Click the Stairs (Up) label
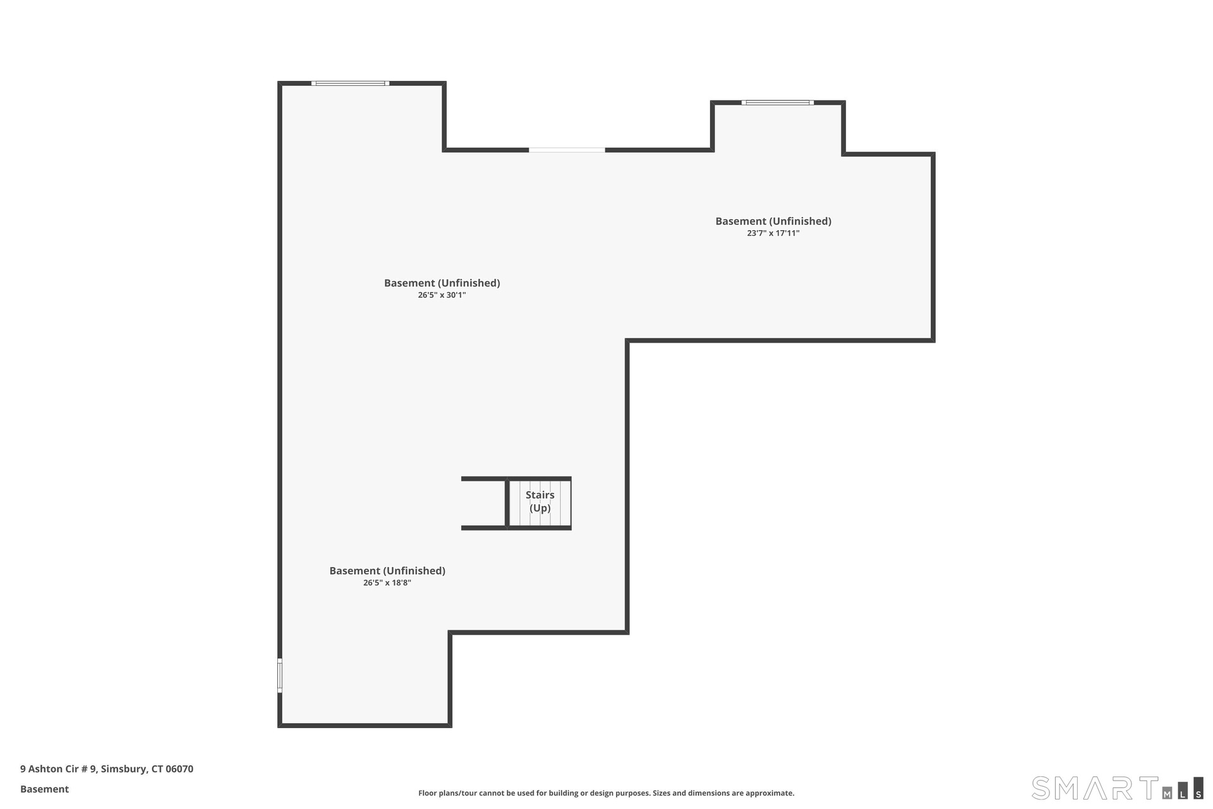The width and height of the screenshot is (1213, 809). tap(540, 502)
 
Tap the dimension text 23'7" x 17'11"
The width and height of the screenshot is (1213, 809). tap(773, 233)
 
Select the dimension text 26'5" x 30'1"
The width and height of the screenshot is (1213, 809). tap(442, 295)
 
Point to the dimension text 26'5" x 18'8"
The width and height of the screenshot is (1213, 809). tap(387, 583)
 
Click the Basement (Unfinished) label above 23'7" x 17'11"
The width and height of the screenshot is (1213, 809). tap(773, 221)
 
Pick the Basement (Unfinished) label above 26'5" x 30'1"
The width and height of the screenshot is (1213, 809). tap(442, 283)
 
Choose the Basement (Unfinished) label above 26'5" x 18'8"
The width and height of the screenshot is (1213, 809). tap(387, 571)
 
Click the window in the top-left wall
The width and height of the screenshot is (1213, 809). tap(350, 83)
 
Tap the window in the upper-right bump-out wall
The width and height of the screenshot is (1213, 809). tap(778, 102)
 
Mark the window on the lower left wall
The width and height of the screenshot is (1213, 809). tap(280, 676)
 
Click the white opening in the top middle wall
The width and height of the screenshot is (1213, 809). tap(567, 150)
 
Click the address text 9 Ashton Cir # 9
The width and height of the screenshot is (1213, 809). tap(58, 769)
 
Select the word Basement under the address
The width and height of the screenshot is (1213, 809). tap(44, 789)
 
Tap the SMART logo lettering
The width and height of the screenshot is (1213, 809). tap(1095, 788)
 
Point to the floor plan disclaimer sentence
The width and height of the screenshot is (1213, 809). tap(606, 793)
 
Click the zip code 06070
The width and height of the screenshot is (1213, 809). tap(179, 769)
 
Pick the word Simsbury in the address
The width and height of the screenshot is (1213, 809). tap(124, 769)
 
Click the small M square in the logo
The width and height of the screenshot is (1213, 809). tap(1168, 794)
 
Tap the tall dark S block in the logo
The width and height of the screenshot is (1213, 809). tap(1198, 788)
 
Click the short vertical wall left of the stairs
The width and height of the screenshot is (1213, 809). tap(507, 503)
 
